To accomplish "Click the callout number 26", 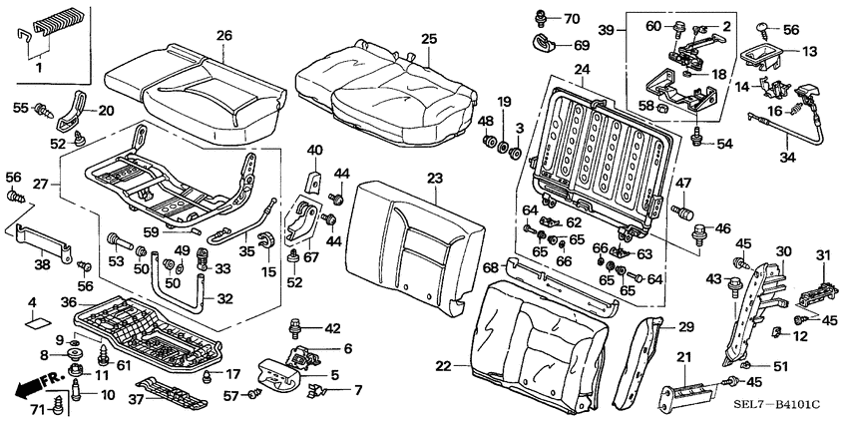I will pos(224,36).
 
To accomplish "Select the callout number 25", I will pos(429,39).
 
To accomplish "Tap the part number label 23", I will pos(434,179).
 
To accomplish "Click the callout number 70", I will pos(571,19).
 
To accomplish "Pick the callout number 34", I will pos(787,156).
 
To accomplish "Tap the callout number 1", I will pos(39,69).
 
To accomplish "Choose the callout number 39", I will pos(606,31).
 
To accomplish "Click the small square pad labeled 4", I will pos(37,322).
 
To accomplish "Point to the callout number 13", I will pos(809,51).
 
